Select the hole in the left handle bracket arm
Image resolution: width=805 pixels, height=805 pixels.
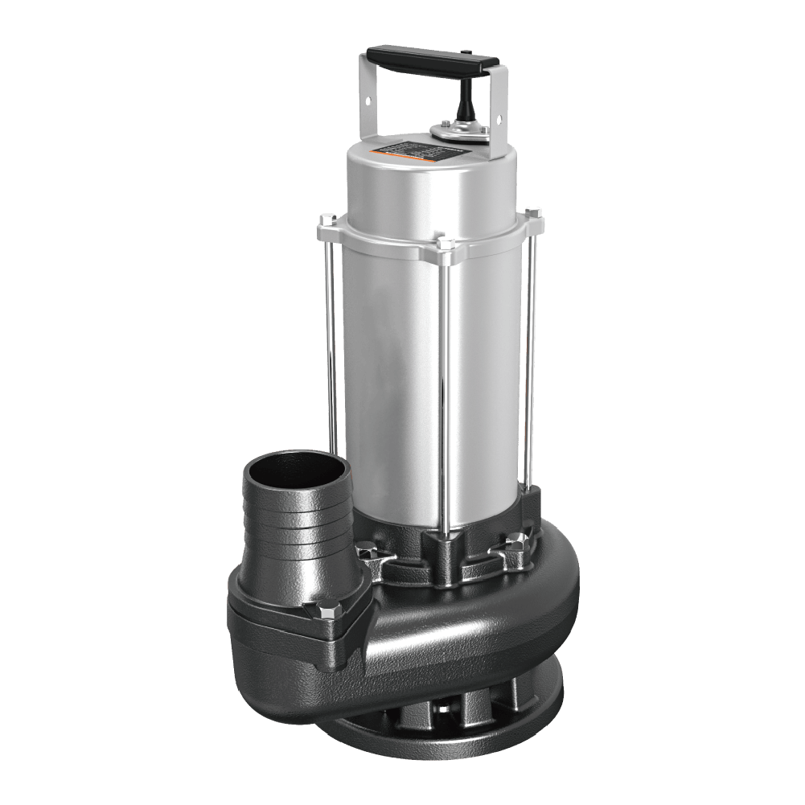tap(368, 101)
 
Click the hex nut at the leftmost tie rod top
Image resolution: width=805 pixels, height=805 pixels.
tap(327, 219)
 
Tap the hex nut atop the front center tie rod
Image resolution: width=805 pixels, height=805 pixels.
tap(444, 243)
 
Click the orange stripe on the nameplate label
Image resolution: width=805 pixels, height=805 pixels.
tap(375, 154)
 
